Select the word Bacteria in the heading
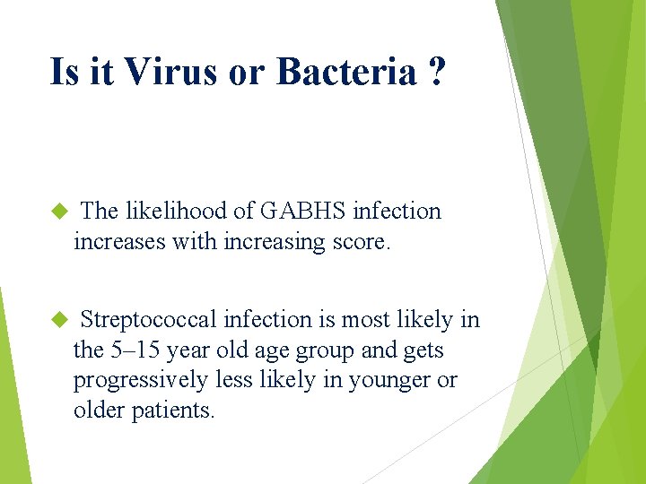tap(340, 72)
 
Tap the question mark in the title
tap(435, 72)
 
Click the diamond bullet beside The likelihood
tap(60, 212)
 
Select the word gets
tap(423, 350)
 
